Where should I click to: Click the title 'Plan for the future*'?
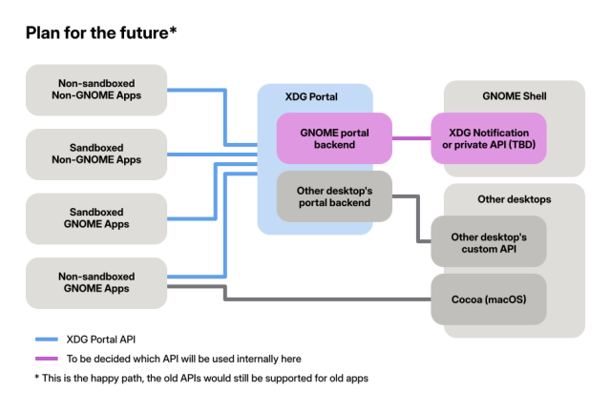pyautogui.click(x=100, y=33)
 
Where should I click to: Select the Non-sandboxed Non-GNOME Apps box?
pyautogui.click(x=96, y=90)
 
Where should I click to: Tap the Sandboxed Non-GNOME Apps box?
pyautogui.click(x=96, y=154)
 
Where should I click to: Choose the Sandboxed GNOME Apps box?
pyautogui.click(x=96, y=217)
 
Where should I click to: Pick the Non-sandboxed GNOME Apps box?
pyautogui.click(x=96, y=282)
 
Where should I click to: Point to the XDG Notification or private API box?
pyautogui.click(x=489, y=137)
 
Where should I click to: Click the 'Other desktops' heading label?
pyautogui.click(x=515, y=199)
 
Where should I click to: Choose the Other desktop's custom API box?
pyautogui.click(x=489, y=241)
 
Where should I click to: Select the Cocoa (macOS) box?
pyautogui.click(x=489, y=299)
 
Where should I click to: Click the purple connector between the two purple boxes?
pyautogui.click(x=411, y=137)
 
